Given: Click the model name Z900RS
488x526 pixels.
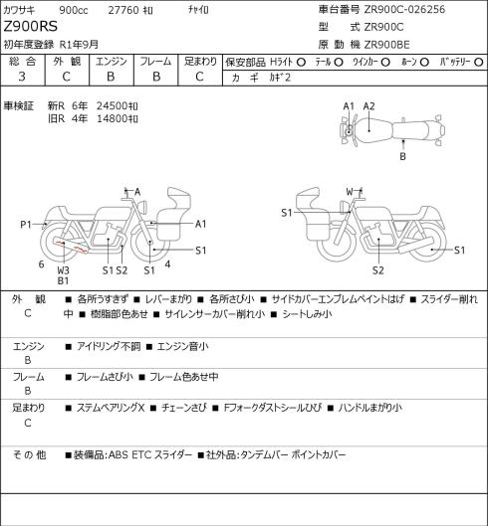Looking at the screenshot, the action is (31, 26).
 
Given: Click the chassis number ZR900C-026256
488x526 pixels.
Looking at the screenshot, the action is (404, 9).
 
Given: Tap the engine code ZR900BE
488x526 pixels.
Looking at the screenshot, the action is (386, 45).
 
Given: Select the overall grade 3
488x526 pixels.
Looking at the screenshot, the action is (22, 77).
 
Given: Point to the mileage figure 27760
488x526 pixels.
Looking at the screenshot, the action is (123, 10).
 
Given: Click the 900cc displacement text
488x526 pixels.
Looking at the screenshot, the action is (74, 10).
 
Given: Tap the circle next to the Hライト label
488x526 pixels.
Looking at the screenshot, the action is (301, 62).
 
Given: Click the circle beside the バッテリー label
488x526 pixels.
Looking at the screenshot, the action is (479, 62).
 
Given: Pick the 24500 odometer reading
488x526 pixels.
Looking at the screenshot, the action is (112, 106).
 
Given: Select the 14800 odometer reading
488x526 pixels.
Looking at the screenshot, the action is (112, 118).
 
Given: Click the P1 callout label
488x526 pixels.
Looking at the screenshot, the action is (26, 224).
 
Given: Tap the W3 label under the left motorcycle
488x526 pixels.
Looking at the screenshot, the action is (63, 270).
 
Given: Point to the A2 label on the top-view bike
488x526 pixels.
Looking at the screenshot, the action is (368, 106).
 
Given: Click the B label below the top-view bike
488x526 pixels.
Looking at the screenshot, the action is (402, 156).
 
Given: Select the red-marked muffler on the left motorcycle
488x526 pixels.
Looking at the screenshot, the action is (70, 246).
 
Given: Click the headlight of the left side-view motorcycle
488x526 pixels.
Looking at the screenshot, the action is (143, 206).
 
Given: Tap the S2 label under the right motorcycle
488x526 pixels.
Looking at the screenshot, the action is (377, 270).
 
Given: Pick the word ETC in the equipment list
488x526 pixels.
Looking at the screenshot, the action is (140, 454).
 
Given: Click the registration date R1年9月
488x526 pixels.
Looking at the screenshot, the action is (79, 45).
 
